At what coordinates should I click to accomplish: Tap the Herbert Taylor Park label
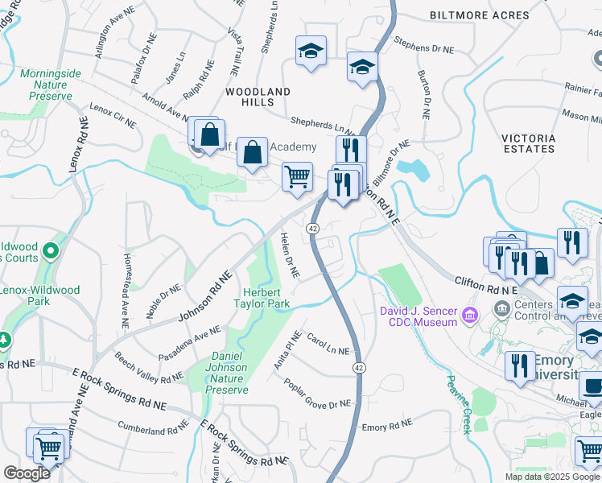(x=260, y=298)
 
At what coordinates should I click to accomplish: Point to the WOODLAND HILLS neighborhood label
(x=257, y=97)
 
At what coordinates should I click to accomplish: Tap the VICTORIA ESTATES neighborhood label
(x=528, y=143)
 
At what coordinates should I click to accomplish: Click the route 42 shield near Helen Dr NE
(x=312, y=229)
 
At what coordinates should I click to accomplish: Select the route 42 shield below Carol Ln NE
(x=356, y=367)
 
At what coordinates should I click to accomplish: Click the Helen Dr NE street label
(x=290, y=255)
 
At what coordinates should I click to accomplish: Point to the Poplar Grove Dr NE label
(x=317, y=392)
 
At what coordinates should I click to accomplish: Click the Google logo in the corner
(x=27, y=473)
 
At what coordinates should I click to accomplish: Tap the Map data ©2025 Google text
(x=552, y=477)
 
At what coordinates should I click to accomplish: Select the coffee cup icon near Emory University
(x=592, y=387)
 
